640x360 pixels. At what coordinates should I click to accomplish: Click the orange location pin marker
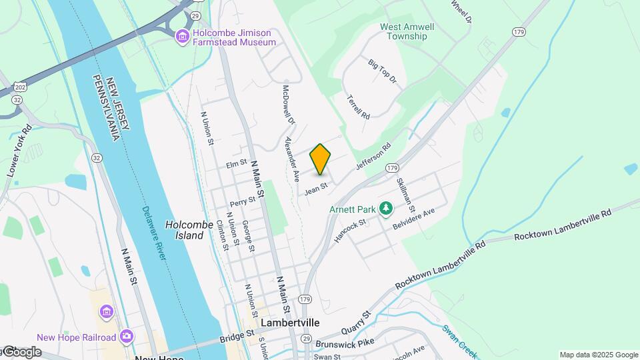[320, 159]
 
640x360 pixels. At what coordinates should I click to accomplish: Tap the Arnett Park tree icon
[385, 209]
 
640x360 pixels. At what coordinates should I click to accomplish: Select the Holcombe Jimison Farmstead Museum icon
[182, 37]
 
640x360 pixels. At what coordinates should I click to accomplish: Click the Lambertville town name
[290, 323]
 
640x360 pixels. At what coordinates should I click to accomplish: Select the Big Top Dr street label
[382, 71]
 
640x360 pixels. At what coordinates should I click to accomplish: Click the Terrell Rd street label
[358, 107]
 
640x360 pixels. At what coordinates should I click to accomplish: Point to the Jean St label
[316, 189]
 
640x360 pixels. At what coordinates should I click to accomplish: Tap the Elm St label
[237, 163]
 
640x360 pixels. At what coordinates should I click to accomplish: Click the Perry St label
[242, 201]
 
